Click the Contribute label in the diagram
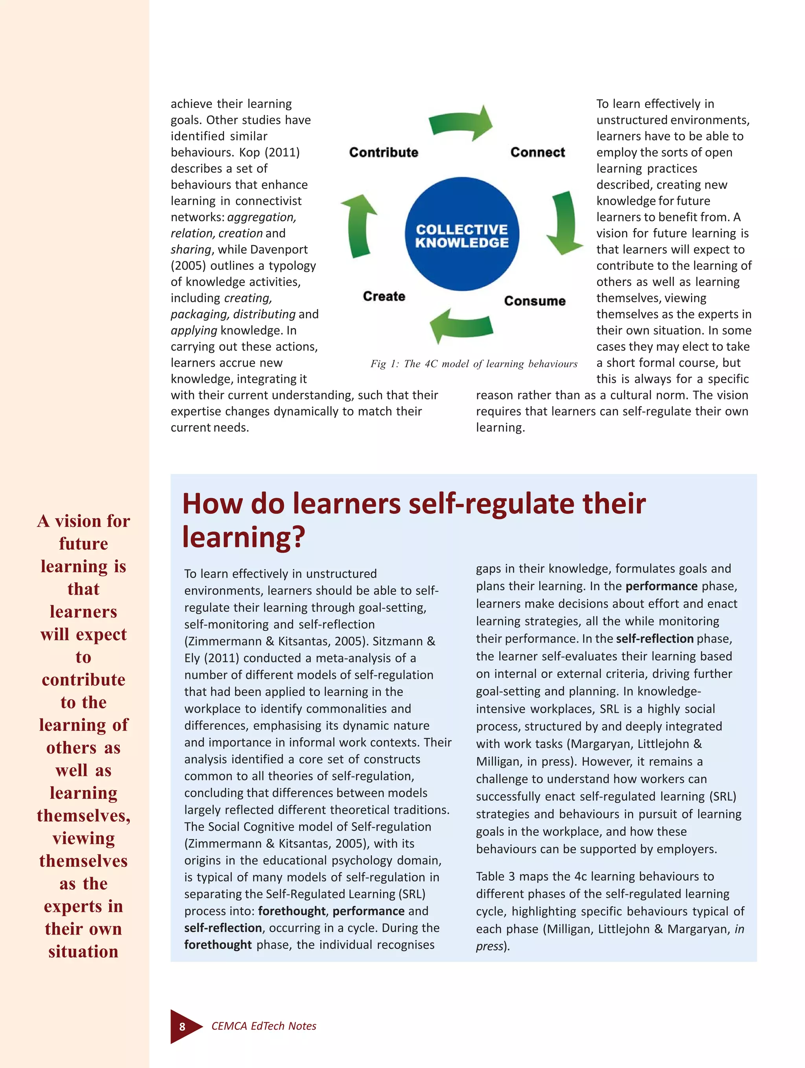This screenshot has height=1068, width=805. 384,153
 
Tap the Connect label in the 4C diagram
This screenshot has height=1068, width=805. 537,153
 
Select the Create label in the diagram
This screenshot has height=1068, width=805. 384,296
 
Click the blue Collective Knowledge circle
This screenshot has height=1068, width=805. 461,235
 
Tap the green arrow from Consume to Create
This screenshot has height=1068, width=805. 461,326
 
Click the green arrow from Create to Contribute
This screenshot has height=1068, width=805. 359,225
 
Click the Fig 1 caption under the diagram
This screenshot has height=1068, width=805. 474,364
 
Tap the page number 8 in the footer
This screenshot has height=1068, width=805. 182,1026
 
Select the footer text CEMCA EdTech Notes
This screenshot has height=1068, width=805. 264,1026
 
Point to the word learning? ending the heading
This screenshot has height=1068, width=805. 244,537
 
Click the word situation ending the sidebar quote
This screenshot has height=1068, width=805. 83,951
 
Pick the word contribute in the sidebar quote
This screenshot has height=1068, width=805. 83,680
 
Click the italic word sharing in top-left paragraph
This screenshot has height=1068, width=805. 191,249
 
